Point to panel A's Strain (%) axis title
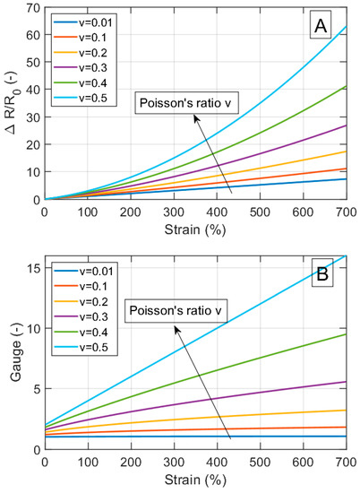click(195, 228)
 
